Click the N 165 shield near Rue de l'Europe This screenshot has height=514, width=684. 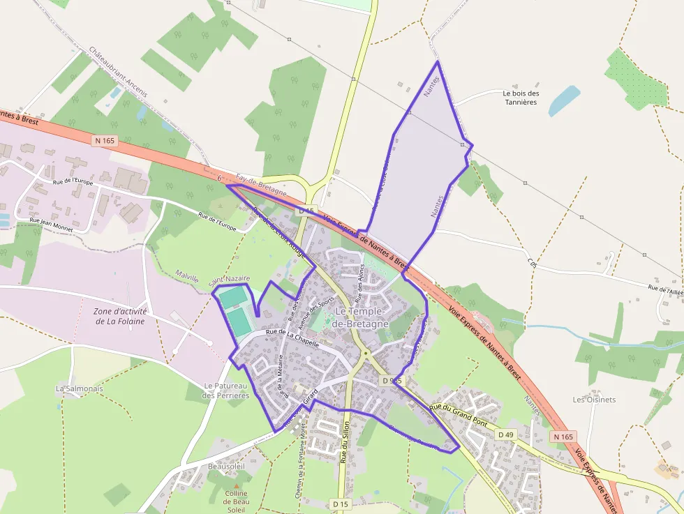[x=104, y=140]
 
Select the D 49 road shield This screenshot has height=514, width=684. [x=505, y=434]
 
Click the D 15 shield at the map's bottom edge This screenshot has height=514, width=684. [x=340, y=504]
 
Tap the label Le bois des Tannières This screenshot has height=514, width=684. [x=521, y=98]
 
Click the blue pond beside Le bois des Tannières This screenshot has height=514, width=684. [x=564, y=100]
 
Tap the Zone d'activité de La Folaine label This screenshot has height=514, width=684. [x=119, y=316]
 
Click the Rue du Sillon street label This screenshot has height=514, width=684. [x=343, y=444]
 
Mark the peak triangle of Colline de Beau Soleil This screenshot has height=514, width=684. [x=237, y=485]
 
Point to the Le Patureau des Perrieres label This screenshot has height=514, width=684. [x=225, y=391]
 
